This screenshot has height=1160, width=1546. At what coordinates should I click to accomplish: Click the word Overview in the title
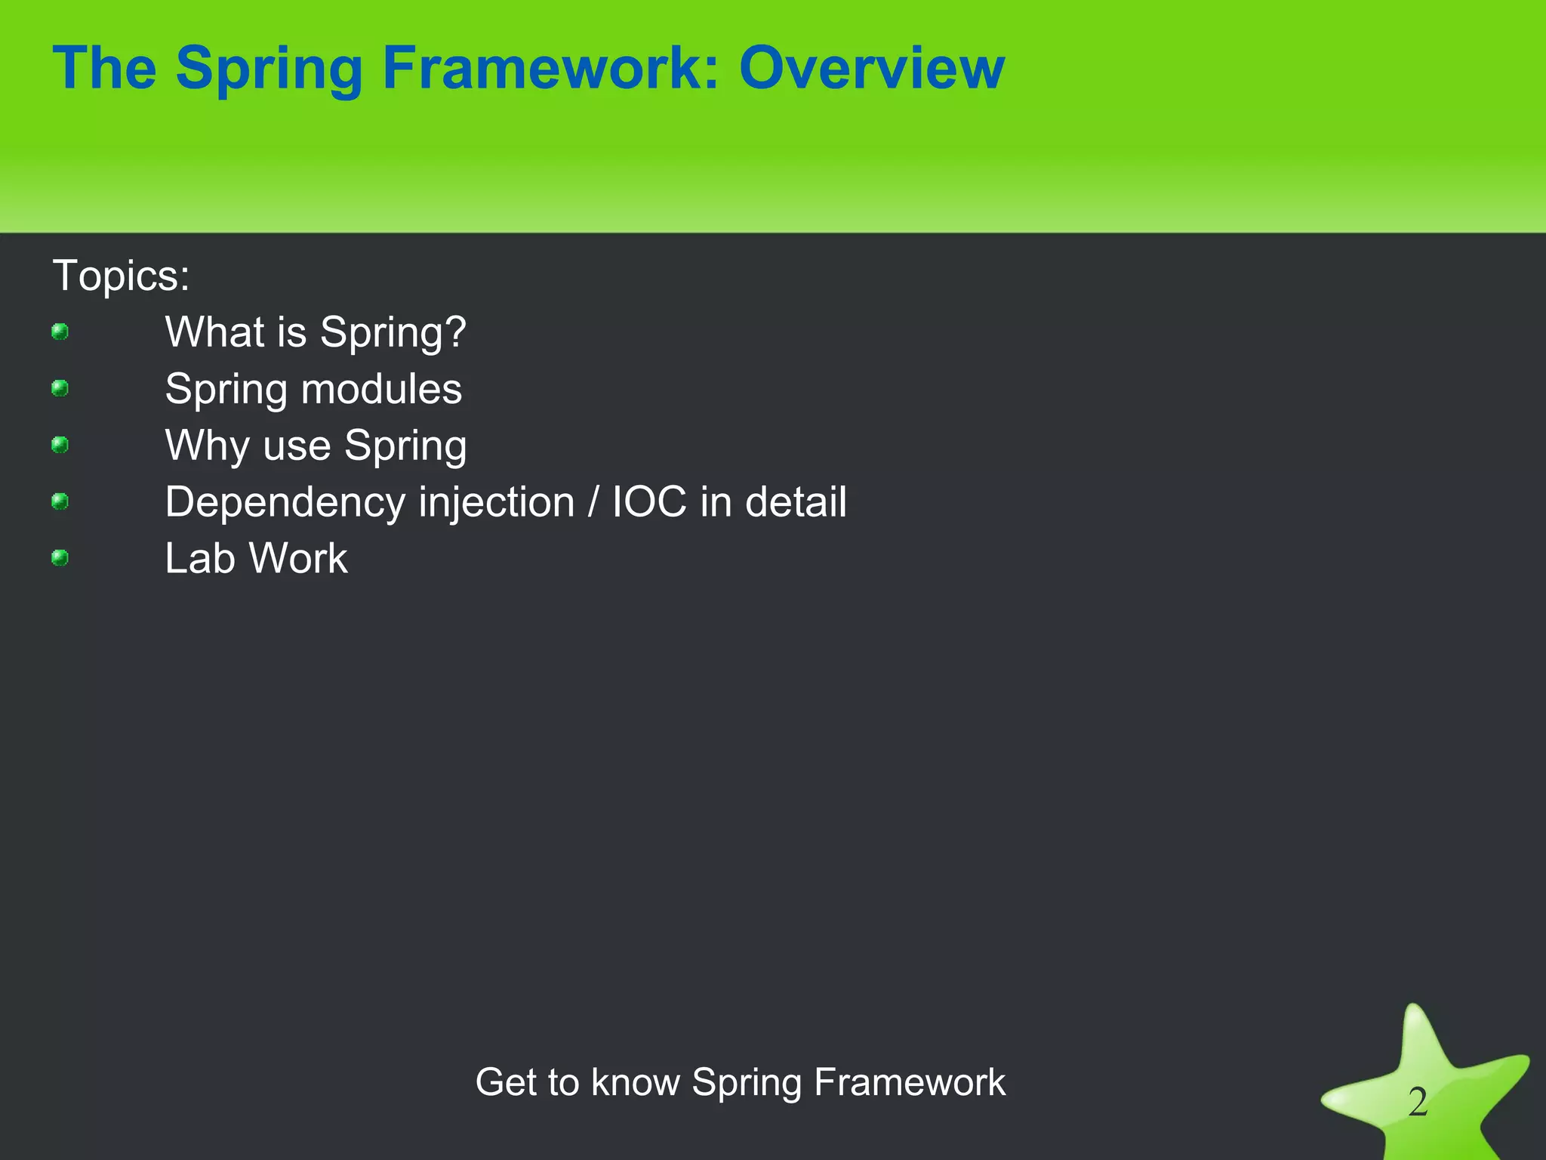point(872,68)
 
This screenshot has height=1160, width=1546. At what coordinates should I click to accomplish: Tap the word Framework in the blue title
point(550,68)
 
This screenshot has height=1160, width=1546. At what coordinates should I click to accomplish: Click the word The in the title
point(105,68)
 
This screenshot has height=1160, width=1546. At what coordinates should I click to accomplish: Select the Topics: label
point(121,275)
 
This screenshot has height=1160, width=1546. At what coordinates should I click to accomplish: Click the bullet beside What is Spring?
point(60,332)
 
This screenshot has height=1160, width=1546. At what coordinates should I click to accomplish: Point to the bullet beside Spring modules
point(60,388)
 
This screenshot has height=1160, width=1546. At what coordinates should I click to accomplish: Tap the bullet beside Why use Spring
point(60,445)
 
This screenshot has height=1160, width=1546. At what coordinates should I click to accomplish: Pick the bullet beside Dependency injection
point(60,501)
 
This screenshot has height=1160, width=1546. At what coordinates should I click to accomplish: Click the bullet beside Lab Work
point(60,558)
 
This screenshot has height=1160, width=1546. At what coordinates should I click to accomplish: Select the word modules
point(381,389)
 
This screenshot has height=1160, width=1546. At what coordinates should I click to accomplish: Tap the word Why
point(208,446)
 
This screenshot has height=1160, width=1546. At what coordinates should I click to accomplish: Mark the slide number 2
point(1418,1102)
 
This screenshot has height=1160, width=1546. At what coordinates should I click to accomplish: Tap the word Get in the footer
point(504,1082)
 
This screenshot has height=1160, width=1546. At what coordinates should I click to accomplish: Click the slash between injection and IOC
point(593,502)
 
